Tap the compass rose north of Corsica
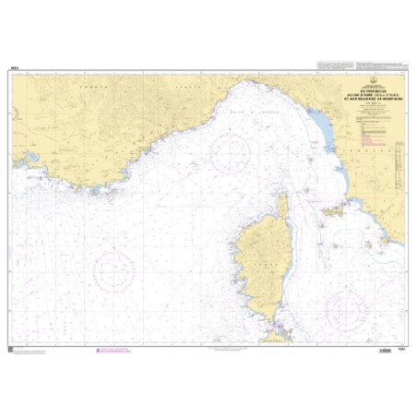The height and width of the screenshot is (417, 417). point(232,152)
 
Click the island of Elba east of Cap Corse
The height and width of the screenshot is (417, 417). point(329,210)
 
